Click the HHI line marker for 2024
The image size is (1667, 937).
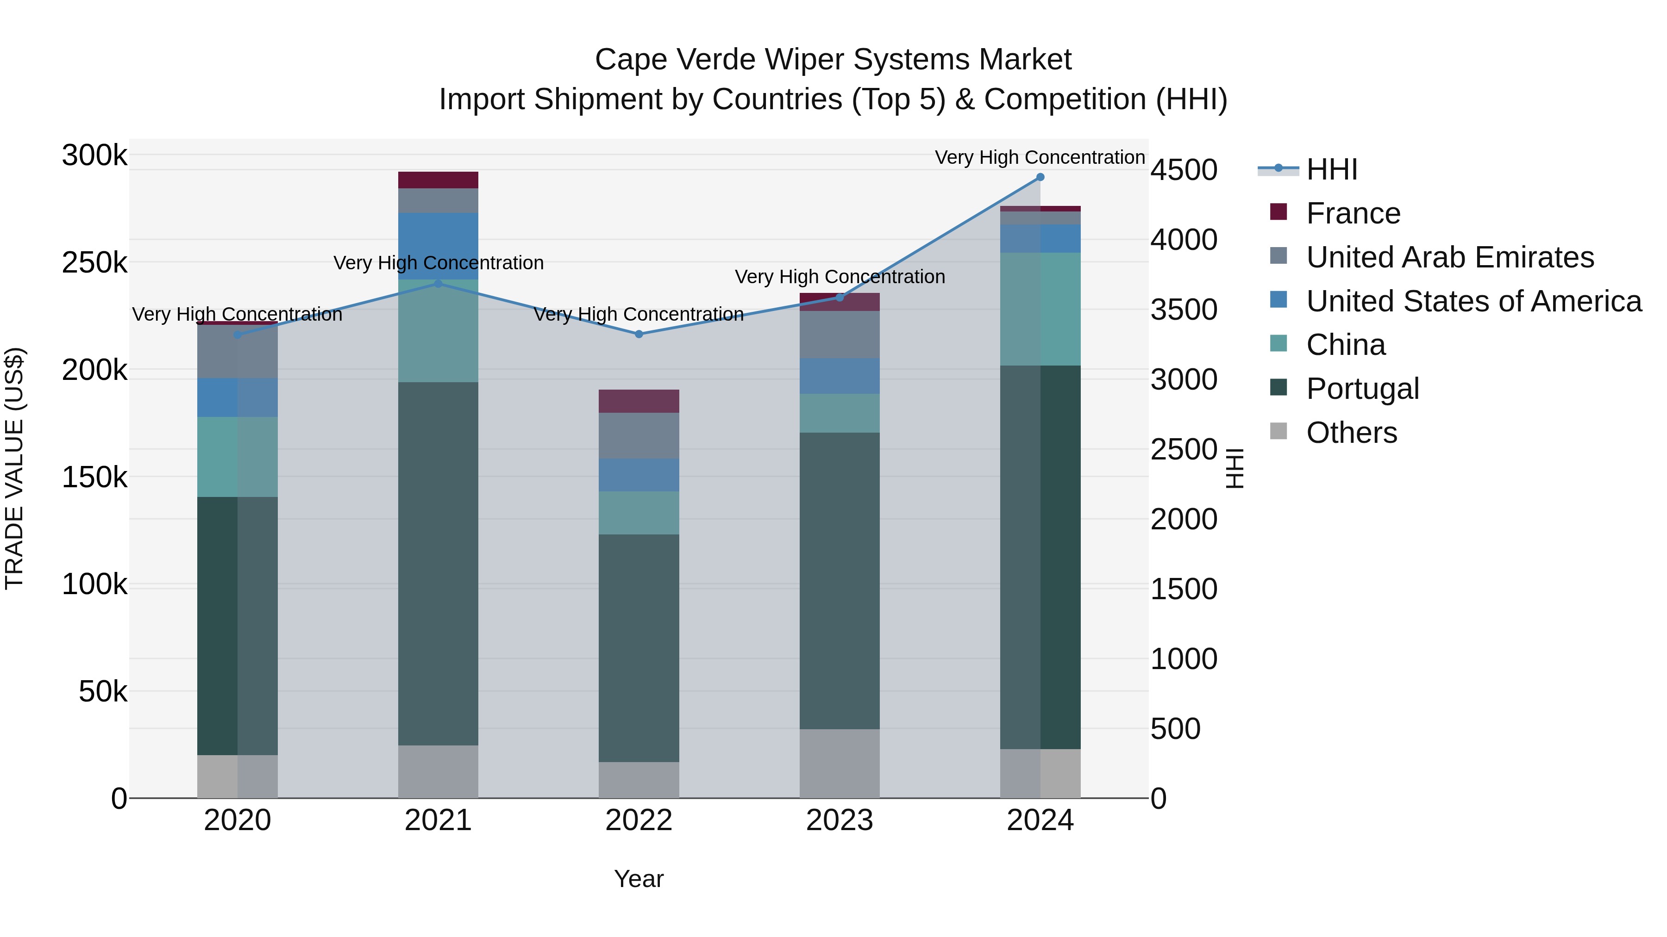[1040, 177]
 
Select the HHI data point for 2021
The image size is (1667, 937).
[438, 283]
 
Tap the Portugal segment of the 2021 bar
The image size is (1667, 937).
[438, 563]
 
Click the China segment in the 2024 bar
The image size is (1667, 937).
[1040, 309]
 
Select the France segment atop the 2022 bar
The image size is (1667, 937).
[639, 401]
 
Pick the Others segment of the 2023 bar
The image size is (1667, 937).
[840, 763]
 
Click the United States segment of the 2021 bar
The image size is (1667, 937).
[438, 246]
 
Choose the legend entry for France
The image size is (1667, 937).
[1353, 213]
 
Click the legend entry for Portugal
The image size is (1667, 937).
[1362, 389]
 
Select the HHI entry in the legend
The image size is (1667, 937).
[1331, 169]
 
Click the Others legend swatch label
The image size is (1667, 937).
[1351, 433]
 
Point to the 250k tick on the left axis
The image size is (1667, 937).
[94, 263]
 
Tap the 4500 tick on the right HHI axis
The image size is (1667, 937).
[1184, 170]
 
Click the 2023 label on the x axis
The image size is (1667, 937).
[840, 820]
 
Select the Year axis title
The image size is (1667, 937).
[639, 879]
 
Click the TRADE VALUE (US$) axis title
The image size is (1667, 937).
[14, 469]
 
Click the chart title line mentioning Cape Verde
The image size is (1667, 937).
[833, 60]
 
